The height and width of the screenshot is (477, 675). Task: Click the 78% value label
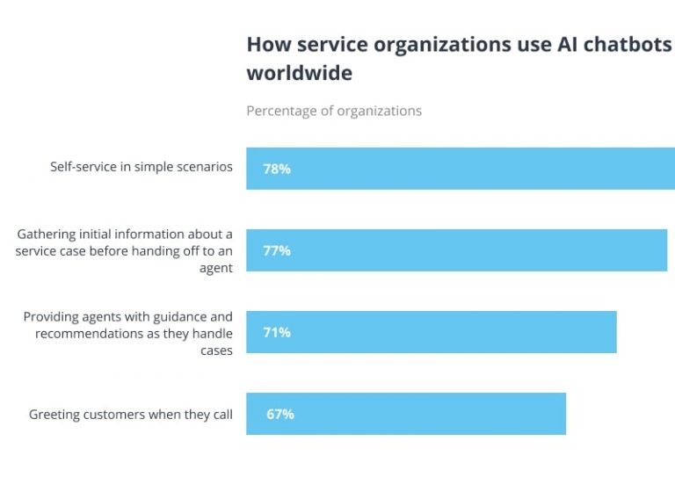tap(277, 169)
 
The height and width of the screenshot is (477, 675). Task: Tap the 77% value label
tap(277, 250)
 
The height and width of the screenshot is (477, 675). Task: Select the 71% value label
tap(277, 332)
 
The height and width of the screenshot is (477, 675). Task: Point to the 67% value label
tap(280, 414)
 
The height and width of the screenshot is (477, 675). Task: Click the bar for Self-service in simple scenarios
tap(475, 169)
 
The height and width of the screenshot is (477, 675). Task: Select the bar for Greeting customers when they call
tap(422, 414)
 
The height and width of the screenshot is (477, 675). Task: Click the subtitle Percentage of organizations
tap(334, 111)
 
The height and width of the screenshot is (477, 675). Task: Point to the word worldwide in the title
tap(299, 73)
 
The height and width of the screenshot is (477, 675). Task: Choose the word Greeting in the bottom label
tap(56, 415)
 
